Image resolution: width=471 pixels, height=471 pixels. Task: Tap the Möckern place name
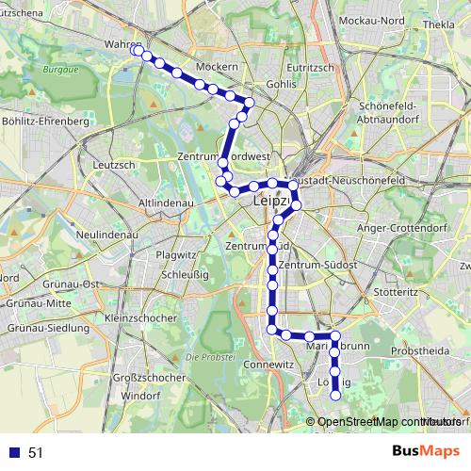point(218,66)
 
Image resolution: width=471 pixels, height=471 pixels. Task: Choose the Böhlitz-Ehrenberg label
point(45,122)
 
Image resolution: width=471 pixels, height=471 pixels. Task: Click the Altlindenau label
point(165,203)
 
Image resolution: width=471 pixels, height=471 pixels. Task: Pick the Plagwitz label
point(176,254)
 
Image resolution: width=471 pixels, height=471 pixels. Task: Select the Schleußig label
point(185,274)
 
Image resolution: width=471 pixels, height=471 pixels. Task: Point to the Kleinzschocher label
point(142,318)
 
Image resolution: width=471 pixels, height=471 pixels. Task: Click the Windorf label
point(140,396)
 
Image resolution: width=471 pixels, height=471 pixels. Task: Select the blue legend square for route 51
point(15,453)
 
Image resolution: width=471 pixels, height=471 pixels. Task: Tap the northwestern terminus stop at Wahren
point(138,53)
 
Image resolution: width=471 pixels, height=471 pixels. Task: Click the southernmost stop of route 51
point(334,396)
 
